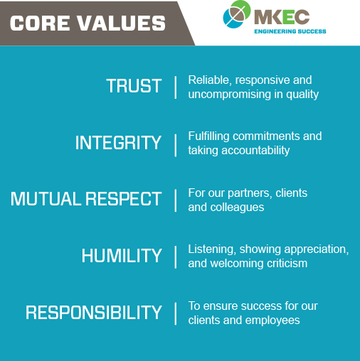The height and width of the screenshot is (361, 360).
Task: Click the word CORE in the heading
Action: pyautogui.click(x=40, y=23)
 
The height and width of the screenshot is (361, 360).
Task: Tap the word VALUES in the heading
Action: pyautogui.click(x=122, y=23)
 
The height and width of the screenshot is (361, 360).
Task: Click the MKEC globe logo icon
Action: pyautogui.click(x=237, y=14)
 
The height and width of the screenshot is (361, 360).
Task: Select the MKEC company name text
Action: pyautogui.click(x=282, y=17)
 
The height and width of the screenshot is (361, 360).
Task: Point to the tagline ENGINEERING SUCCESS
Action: pyautogui.click(x=290, y=31)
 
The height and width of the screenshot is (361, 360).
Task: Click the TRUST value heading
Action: pyautogui.click(x=134, y=86)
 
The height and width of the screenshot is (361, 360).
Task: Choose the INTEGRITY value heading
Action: pyautogui.click(x=118, y=143)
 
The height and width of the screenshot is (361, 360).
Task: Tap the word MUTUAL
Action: pyautogui.click(x=46, y=199)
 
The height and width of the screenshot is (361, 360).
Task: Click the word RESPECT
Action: pyautogui.click(x=123, y=199)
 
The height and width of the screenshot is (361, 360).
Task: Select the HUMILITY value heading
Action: pyautogui.click(x=122, y=256)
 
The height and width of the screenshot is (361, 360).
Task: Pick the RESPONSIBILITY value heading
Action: pyautogui.click(x=94, y=313)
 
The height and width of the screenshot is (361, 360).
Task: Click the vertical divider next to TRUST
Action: pyautogui.click(x=176, y=87)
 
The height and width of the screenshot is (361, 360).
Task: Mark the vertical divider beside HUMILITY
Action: pyautogui.click(x=176, y=257)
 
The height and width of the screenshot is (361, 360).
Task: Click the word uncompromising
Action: pyautogui.click(x=229, y=95)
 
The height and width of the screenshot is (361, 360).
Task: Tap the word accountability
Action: pyautogui.click(x=255, y=151)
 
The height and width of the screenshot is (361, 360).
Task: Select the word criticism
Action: pyautogui.click(x=287, y=264)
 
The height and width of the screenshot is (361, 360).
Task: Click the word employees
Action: pyautogui.click(x=272, y=320)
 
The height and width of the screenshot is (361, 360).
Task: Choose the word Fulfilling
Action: pyautogui.click(x=208, y=136)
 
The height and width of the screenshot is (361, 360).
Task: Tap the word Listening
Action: pyautogui.click(x=212, y=249)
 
